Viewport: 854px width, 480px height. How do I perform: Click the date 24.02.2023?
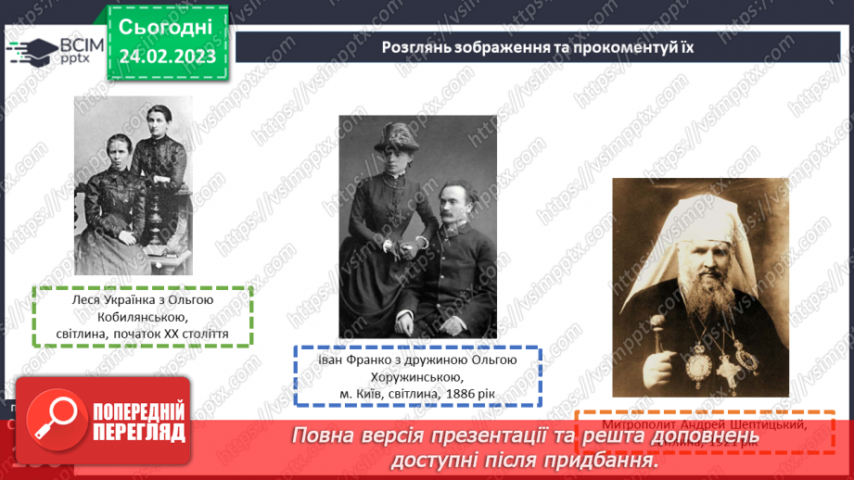click(x=167, y=56)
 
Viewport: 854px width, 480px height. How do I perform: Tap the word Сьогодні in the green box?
click(x=166, y=25)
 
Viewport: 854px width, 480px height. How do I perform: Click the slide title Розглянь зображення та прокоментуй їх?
click(x=538, y=46)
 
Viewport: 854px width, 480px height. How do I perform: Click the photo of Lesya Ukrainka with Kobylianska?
click(x=134, y=185)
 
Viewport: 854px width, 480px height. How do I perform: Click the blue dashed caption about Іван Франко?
click(x=419, y=376)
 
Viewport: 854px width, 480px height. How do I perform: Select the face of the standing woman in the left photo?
click(x=156, y=121)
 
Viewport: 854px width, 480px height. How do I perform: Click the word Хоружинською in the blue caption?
click(x=418, y=377)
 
